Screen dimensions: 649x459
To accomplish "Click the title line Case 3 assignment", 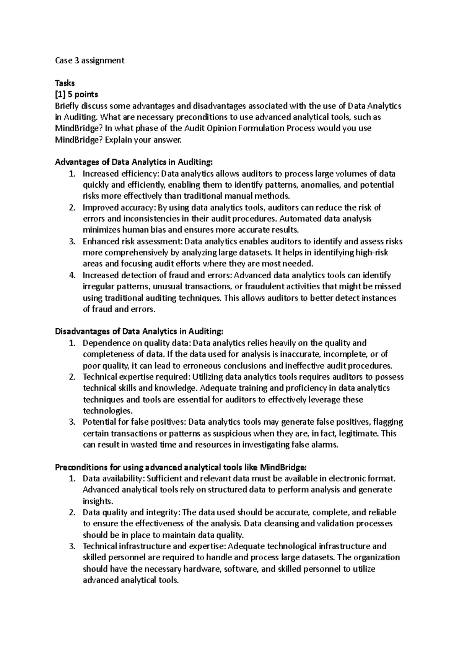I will (x=90, y=60).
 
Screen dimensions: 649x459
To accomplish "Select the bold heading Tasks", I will (x=65, y=83).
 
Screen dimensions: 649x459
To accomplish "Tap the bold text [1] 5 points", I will (x=76, y=94).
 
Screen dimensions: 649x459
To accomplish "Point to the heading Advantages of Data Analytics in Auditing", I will (x=133, y=162).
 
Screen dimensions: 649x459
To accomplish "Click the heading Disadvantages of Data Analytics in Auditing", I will (x=139, y=331).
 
